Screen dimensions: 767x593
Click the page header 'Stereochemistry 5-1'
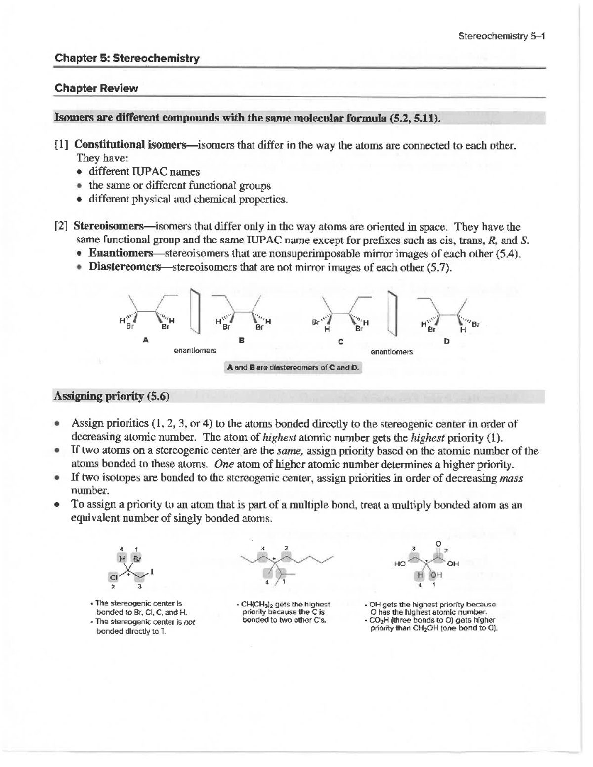click(501, 36)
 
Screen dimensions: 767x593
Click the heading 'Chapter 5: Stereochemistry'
click(127, 58)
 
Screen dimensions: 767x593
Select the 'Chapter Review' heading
click(96, 88)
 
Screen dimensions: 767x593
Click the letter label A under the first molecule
click(145, 340)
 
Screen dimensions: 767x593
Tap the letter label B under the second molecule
click(241, 340)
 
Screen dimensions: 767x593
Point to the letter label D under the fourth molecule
click(447, 341)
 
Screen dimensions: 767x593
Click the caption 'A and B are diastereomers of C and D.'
click(293, 368)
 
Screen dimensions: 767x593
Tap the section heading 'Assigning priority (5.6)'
click(111, 396)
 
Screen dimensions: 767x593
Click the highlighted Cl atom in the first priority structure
click(113, 577)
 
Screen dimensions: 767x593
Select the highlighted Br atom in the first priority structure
click(136, 558)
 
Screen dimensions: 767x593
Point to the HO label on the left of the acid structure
click(400, 563)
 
